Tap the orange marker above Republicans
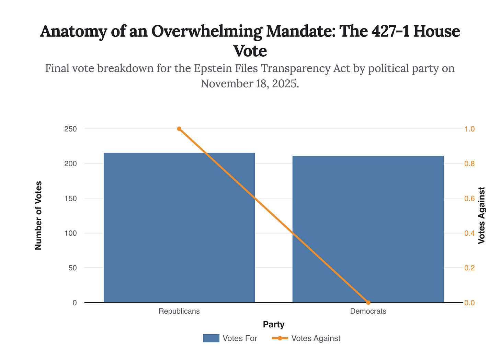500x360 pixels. [179, 129]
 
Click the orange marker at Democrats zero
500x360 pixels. [368, 302]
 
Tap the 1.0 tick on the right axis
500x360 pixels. [470, 129]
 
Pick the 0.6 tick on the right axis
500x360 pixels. [470, 199]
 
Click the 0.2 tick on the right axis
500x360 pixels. [470, 268]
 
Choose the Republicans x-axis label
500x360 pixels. [179, 311]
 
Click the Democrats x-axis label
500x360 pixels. [368, 311]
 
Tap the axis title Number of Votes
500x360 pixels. [38, 215]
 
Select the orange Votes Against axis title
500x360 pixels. [482, 215]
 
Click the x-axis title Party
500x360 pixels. [274, 324]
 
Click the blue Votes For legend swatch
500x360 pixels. [211, 338]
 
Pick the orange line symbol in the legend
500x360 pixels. [280, 338]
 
